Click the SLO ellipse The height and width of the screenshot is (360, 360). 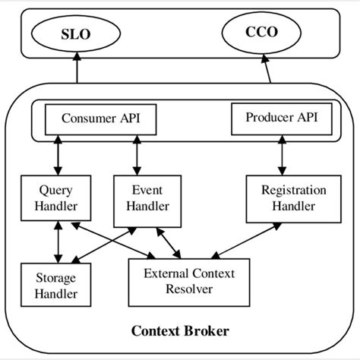click(77, 34)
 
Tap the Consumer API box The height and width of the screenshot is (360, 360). click(100, 119)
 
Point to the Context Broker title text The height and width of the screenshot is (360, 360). click(180, 331)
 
